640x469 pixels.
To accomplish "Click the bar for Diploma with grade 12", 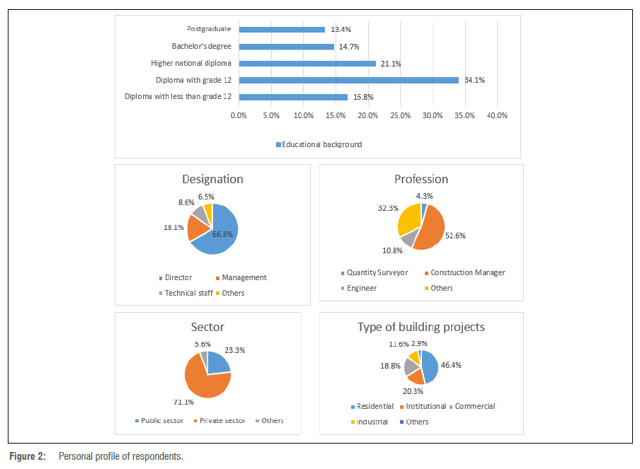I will click(x=349, y=80).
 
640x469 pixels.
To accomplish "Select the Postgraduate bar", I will click(x=282, y=30).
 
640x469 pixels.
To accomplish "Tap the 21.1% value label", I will click(x=391, y=64).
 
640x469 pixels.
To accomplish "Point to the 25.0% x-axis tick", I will click(x=400, y=115).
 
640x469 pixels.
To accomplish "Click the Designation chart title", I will click(x=212, y=179).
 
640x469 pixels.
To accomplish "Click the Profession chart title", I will click(x=421, y=179).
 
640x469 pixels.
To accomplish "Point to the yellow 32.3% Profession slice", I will click(x=409, y=218).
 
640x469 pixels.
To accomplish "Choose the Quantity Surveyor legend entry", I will click(x=376, y=273).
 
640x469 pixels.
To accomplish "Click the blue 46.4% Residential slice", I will click(x=430, y=366).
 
